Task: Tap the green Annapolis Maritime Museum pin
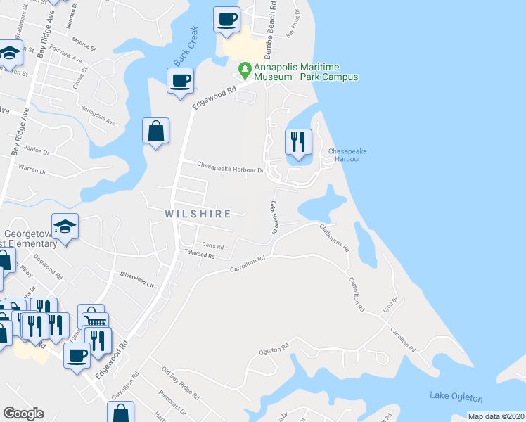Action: point(245,70)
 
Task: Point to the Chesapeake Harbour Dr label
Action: point(230,169)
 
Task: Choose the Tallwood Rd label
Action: point(199,255)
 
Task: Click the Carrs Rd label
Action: point(212,245)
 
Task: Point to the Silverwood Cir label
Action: point(136,279)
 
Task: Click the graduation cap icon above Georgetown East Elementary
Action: point(65,226)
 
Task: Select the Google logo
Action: point(23,414)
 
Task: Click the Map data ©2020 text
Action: point(496,416)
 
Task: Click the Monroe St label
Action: point(83,45)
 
